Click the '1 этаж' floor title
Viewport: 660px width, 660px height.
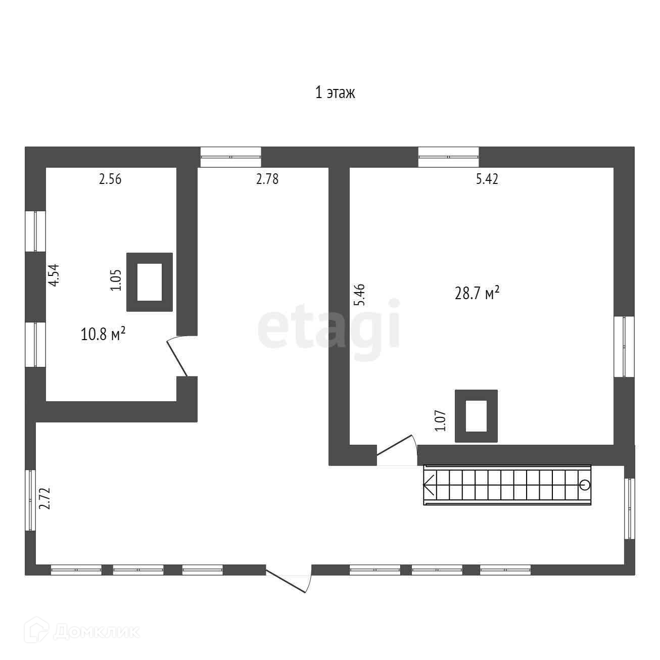335,93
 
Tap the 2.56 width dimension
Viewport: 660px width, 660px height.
110,179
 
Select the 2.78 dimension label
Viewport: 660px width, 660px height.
267,179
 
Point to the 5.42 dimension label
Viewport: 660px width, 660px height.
487,179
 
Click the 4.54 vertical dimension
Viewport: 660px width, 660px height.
54,275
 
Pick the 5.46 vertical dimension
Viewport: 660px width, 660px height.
360,295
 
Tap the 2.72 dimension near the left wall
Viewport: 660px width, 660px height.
45,498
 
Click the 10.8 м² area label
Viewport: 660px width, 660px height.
103,334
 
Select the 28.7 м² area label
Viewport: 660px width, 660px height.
477,293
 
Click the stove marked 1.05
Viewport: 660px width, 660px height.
149,282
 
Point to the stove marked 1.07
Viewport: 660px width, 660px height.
476,416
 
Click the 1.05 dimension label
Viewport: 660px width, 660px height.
116,280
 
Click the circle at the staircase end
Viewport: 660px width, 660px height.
584,485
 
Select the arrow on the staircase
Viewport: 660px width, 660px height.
429,485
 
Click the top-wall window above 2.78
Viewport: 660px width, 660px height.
230,157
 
